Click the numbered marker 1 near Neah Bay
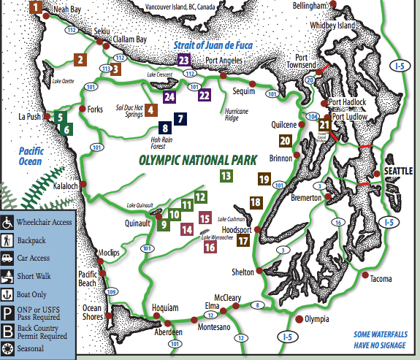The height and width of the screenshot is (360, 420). pyautogui.click(x=34, y=8)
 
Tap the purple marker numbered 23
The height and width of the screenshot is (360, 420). pyautogui.click(x=184, y=60)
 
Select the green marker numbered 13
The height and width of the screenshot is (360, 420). pyautogui.click(x=226, y=175)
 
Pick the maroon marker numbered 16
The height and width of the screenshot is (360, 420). pyautogui.click(x=210, y=247)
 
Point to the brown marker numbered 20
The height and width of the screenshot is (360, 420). pyautogui.click(x=285, y=140)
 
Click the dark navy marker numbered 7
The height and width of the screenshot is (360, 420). pyautogui.click(x=180, y=118)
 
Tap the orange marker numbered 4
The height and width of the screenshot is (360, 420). pyautogui.click(x=151, y=110)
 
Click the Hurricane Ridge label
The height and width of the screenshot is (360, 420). pyautogui.click(x=221, y=115)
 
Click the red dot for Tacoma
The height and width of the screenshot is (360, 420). pyautogui.click(x=364, y=275)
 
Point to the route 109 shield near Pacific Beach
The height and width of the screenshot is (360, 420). pyautogui.click(x=110, y=291)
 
